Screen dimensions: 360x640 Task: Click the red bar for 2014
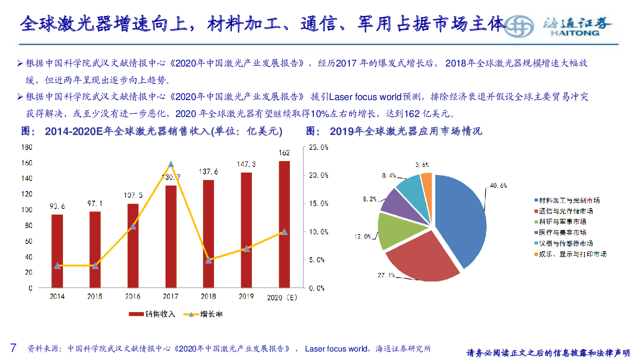57,251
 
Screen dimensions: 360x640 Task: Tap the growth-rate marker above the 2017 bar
171,164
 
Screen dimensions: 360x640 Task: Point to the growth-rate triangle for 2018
208,260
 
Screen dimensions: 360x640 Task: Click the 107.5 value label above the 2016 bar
133,195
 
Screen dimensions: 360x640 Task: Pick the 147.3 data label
246,164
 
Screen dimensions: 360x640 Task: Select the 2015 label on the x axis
95,296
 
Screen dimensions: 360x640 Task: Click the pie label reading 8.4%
389,175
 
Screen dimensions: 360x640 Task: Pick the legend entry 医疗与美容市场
562,232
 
